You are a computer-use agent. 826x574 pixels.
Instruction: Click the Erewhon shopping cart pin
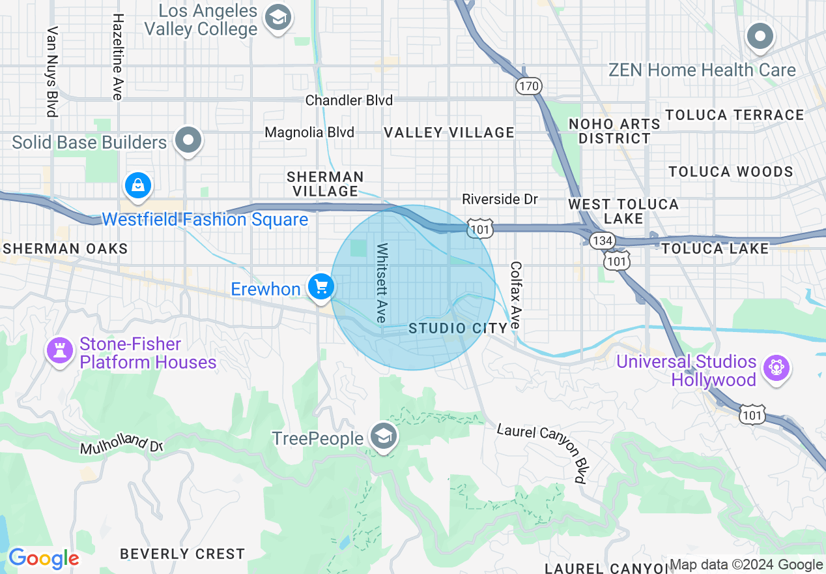(320, 286)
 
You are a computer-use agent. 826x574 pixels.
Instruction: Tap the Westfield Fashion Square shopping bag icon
(138, 186)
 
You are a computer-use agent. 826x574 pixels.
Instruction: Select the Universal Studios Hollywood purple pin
(776, 368)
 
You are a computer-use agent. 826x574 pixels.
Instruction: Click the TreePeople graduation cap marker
(383, 437)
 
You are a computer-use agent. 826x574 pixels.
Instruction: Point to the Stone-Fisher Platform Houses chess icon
(60, 351)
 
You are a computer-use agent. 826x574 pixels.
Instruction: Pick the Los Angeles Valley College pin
(278, 20)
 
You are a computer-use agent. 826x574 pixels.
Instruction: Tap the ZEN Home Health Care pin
(760, 37)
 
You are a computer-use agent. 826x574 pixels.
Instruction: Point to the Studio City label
(457, 328)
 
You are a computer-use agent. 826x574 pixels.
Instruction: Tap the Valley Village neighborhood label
(449, 132)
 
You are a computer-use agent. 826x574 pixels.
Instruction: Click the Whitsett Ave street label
(382, 282)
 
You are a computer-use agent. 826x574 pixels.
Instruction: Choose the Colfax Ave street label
(516, 295)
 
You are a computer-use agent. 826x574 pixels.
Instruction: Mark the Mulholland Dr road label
(121, 445)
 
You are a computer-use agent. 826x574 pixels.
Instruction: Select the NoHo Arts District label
(614, 131)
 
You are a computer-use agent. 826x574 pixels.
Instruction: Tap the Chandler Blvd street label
(349, 100)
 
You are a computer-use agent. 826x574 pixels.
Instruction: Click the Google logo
(44, 559)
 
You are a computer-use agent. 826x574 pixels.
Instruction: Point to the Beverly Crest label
(182, 554)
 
